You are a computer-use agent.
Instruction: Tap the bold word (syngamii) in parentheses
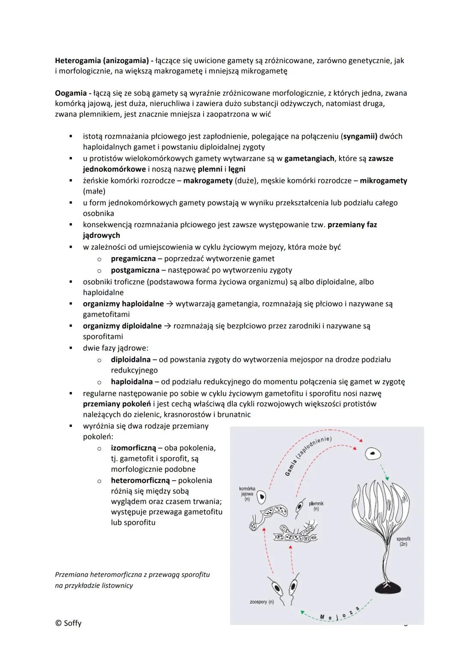click(359, 137)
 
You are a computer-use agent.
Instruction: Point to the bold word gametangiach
click(309, 158)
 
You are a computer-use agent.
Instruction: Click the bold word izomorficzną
click(133, 448)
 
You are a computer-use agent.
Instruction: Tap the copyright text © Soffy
click(68, 623)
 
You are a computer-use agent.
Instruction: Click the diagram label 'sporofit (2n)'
click(403, 541)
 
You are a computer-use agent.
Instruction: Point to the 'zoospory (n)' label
click(262, 602)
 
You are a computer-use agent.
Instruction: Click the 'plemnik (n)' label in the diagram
click(316, 506)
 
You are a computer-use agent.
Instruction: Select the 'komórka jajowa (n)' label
click(247, 494)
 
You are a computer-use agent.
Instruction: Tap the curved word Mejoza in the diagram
click(339, 616)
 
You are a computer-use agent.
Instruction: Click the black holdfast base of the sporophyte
click(388, 587)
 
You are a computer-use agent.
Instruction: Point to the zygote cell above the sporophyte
click(373, 453)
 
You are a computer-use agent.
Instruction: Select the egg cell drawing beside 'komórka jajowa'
click(261, 498)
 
